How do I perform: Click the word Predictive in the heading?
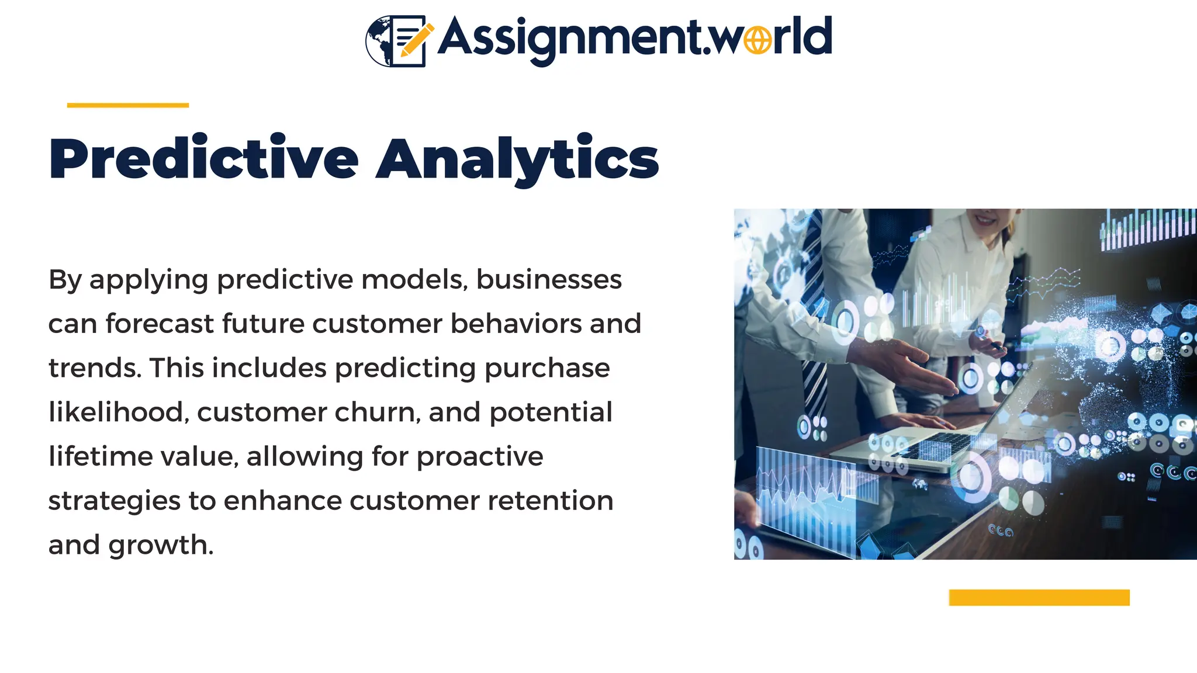click(x=203, y=159)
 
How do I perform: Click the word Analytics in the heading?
click(x=517, y=159)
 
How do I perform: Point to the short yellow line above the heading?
click(x=127, y=105)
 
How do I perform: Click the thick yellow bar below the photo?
click(x=1039, y=597)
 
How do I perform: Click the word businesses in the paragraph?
click(x=548, y=279)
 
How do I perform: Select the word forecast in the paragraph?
click(x=159, y=324)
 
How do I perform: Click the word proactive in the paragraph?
click(x=479, y=456)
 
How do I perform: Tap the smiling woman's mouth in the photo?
click(x=986, y=221)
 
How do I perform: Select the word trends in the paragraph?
click(x=95, y=368)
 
